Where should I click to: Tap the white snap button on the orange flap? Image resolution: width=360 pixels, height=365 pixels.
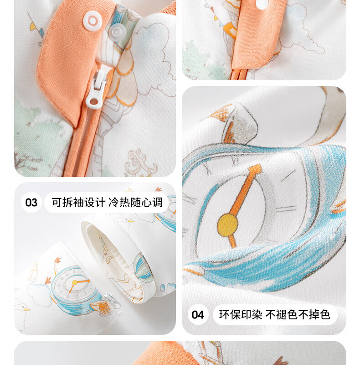point(93,21)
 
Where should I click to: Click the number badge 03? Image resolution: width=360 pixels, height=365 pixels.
point(31,202)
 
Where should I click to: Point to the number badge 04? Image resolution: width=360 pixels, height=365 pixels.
point(197,315)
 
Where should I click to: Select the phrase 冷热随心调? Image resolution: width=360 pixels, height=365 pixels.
point(135,202)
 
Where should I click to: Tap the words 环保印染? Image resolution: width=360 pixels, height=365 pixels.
point(240,315)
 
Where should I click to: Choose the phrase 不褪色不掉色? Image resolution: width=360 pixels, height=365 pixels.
point(298,315)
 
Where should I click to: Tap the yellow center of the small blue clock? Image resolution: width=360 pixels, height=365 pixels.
point(74,282)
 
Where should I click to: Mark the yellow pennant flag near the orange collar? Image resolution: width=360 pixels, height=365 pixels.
point(33,26)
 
